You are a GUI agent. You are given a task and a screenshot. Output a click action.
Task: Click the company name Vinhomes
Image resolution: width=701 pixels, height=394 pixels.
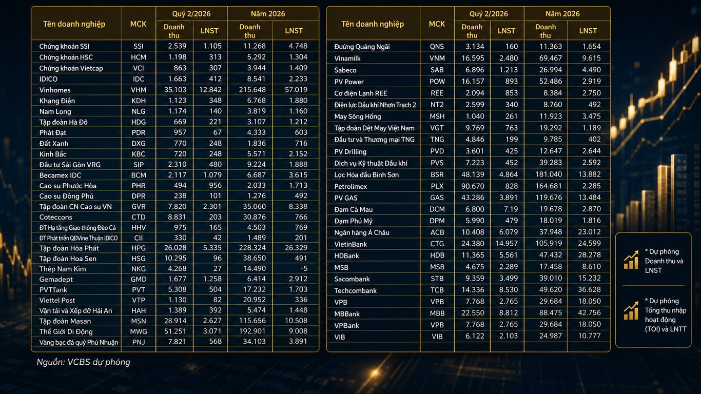pos(55,90)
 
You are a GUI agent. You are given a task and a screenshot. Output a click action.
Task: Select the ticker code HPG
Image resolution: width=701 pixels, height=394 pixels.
pos(139,248)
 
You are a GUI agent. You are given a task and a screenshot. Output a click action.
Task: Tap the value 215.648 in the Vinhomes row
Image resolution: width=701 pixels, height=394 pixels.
pos(252,90)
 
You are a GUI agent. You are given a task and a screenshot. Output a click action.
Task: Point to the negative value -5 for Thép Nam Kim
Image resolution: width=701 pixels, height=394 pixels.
pos(304,268)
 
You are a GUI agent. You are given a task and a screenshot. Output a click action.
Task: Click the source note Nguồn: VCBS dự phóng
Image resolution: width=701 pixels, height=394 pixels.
pos(83,362)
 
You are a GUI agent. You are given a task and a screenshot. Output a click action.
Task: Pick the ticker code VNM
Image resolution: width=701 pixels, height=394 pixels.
pos(437,58)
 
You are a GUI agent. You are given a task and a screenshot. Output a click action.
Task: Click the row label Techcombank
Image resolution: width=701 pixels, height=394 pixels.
pos(355,291)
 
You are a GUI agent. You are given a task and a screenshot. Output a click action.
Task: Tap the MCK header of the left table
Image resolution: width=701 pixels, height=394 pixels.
pos(139,24)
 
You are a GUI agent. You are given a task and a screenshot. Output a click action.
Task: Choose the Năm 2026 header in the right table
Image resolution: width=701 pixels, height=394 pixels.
pos(562,14)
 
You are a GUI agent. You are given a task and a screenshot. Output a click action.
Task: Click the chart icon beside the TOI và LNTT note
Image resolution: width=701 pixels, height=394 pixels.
pos(631,311)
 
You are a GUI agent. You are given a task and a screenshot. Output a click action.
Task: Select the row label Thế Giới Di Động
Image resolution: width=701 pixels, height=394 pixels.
pos(66,331)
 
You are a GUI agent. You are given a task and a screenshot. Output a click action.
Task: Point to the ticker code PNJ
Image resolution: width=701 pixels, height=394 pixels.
pos(139,342)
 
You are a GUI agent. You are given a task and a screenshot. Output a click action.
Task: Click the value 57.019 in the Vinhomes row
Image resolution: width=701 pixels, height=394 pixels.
pos(296,90)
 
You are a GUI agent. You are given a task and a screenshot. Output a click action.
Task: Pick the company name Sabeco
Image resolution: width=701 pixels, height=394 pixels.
pos(345,70)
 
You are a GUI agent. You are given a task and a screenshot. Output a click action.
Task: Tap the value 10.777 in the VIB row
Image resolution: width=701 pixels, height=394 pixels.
pos(589,336)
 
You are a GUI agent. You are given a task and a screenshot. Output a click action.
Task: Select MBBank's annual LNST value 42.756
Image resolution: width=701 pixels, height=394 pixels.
pos(589,312)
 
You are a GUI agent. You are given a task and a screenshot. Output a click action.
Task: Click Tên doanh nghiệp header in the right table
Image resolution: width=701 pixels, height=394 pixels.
pos(373,24)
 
